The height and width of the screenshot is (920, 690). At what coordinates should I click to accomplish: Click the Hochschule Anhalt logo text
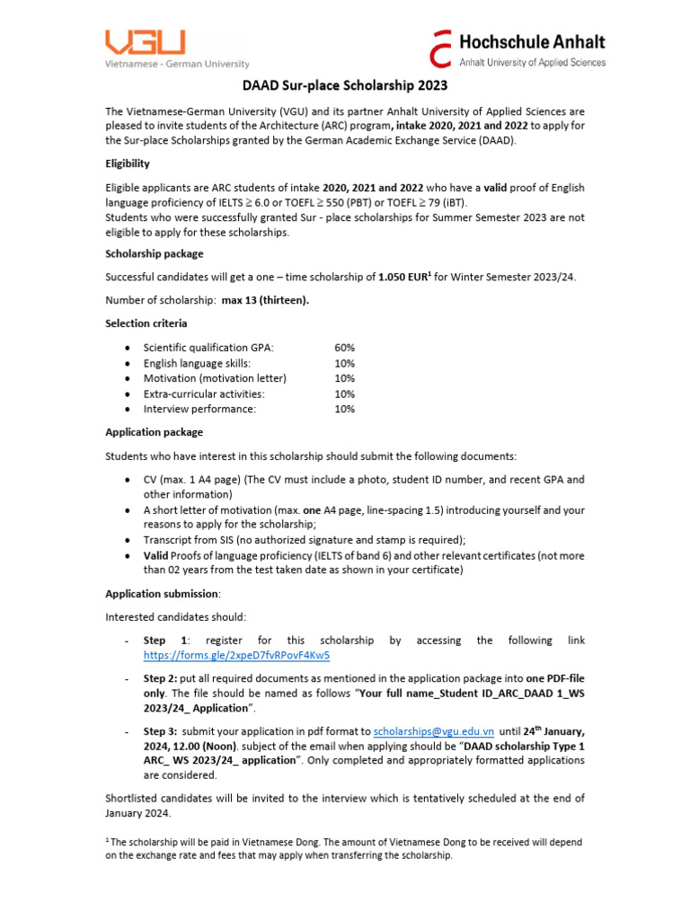[532, 41]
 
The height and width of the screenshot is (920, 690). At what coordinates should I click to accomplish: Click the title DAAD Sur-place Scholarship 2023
[345, 86]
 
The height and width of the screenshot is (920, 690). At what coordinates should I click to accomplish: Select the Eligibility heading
[128, 164]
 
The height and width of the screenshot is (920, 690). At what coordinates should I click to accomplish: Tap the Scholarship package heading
[154, 253]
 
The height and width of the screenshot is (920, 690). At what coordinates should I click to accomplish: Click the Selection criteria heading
[146, 323]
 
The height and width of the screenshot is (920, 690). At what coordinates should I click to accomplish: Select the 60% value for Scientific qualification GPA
[344, 348]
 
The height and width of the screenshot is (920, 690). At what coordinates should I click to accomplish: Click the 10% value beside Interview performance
[344, 409]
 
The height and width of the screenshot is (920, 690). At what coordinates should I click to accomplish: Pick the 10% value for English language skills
[344, 363]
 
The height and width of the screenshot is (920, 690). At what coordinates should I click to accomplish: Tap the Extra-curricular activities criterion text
[204, 394]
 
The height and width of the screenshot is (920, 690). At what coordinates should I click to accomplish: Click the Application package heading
[154, 432]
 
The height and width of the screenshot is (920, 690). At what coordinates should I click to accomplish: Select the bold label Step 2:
[163, 678]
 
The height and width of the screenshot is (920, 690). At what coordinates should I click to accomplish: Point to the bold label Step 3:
[163, 732]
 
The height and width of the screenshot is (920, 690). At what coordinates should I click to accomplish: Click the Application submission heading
[162, 594]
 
